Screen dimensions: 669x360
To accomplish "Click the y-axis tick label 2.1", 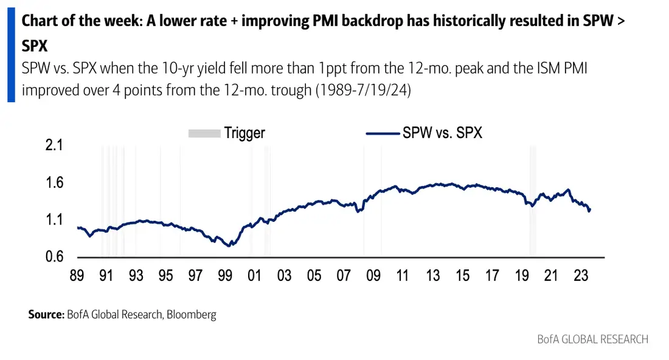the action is click(54, 145).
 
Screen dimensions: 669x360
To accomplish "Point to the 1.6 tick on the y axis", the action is click(54, 182).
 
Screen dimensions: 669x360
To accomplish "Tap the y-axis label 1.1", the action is click(54, 220).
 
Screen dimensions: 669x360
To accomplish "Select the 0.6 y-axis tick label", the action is click(54, 257).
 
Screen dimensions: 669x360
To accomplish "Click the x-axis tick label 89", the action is click(77, 275).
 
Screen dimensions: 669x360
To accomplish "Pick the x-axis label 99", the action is click(225, 275).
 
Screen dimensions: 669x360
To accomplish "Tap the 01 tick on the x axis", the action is click(254, 275).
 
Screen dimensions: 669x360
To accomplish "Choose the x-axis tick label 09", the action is click(373, 275).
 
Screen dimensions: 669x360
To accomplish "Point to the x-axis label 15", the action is click(462, 275).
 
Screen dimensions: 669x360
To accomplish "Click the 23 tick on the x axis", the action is click(581, 275).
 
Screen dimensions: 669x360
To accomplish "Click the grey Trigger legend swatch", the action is click(204, 134).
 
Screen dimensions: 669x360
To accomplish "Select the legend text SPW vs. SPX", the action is click(442, 133).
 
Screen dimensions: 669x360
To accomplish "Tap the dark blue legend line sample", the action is click(383, 134).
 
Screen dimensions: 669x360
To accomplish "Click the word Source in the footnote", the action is click(46, 315).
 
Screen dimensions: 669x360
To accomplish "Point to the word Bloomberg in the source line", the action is click(192, 315).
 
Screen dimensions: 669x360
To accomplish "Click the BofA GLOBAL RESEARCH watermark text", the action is click(592, 339).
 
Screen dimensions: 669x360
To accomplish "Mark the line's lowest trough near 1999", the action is click(230, 246).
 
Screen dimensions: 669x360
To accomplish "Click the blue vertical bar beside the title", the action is click(11, 55).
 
